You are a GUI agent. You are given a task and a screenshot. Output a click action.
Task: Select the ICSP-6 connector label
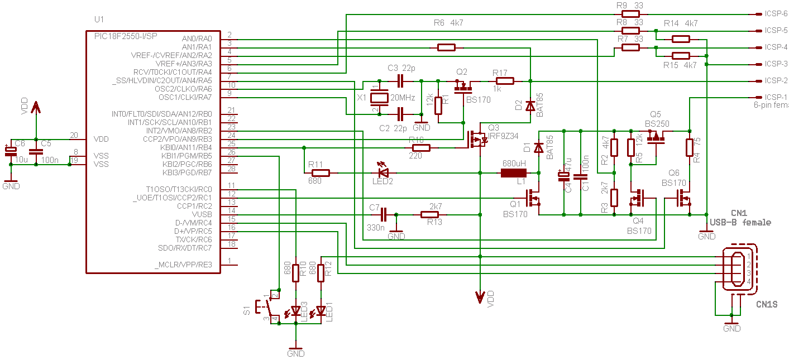point(776,13)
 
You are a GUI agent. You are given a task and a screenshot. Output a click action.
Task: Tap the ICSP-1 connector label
point(776,97)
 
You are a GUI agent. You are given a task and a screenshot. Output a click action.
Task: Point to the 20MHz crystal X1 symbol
point(380,98)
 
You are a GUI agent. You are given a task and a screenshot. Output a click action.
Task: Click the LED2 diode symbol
point(384,173)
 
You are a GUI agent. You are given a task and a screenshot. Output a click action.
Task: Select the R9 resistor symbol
point(631,14)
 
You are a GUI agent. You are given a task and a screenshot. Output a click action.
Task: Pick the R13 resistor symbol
point(430,215)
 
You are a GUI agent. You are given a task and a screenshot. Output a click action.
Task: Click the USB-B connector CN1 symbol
point(737,270)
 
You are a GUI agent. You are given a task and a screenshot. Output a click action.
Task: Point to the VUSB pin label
point(202,214)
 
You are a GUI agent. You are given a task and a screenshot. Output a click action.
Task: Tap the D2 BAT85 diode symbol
point(530,106)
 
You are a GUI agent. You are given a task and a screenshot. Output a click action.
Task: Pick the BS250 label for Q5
point(657,124)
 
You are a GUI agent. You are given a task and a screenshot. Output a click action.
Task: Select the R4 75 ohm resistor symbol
point(690,148)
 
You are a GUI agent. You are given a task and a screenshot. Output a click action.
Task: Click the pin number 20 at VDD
point(74,135)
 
